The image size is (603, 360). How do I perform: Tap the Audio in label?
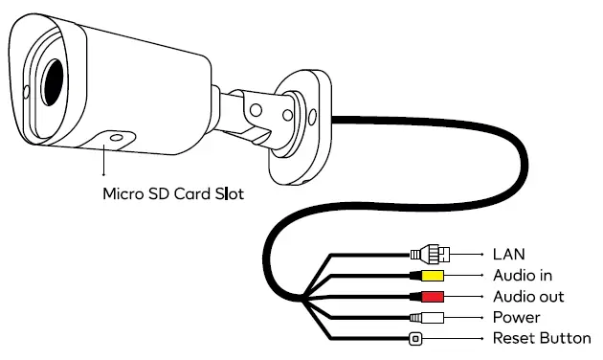tap(522, 276)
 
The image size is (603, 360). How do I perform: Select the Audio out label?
tap(526, 297)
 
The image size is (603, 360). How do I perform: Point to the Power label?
tap(516, 317)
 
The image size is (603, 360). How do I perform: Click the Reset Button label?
tap(541, 338)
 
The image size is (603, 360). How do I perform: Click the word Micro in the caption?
tap(123, 193)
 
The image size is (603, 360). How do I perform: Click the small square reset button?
tap(415, 338)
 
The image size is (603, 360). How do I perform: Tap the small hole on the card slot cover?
tap(116, 139)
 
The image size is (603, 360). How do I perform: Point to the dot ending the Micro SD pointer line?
tap(104, 176)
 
